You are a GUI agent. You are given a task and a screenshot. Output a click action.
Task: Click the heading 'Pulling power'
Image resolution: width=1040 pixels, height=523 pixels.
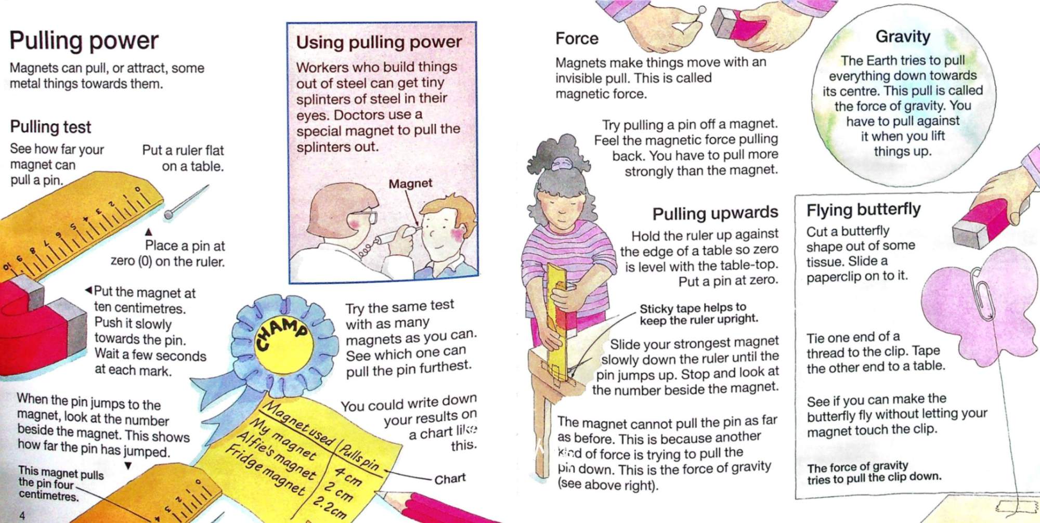[x=84, y=41]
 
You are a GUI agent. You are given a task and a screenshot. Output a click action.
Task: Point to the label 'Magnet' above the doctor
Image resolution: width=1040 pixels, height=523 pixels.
[x=410, y=184]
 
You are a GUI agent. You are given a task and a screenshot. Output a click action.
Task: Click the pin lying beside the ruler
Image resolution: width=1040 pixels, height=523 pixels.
[x=186, y=202]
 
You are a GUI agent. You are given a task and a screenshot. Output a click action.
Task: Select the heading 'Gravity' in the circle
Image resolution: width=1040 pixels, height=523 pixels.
[x=903, y=36]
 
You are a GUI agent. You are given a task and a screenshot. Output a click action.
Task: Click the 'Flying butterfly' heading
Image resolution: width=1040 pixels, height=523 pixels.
[x=863, y=210]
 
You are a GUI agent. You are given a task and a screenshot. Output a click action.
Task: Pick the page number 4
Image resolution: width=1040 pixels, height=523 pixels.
[x=22, y=515]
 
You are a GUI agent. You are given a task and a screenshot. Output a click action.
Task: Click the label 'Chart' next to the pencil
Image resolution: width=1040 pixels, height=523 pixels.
[x=450, y=479]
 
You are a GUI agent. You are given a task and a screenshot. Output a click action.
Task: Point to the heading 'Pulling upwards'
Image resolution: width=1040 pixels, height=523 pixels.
[x=715, y=213]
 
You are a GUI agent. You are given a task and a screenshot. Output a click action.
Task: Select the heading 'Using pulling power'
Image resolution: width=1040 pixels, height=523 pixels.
[x=379, y=42]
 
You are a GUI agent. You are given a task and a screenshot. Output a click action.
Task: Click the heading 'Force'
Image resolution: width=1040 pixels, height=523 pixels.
[x=577, y=38]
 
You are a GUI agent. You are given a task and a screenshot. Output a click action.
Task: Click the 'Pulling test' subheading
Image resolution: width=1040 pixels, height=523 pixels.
[x=50, y=127]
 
